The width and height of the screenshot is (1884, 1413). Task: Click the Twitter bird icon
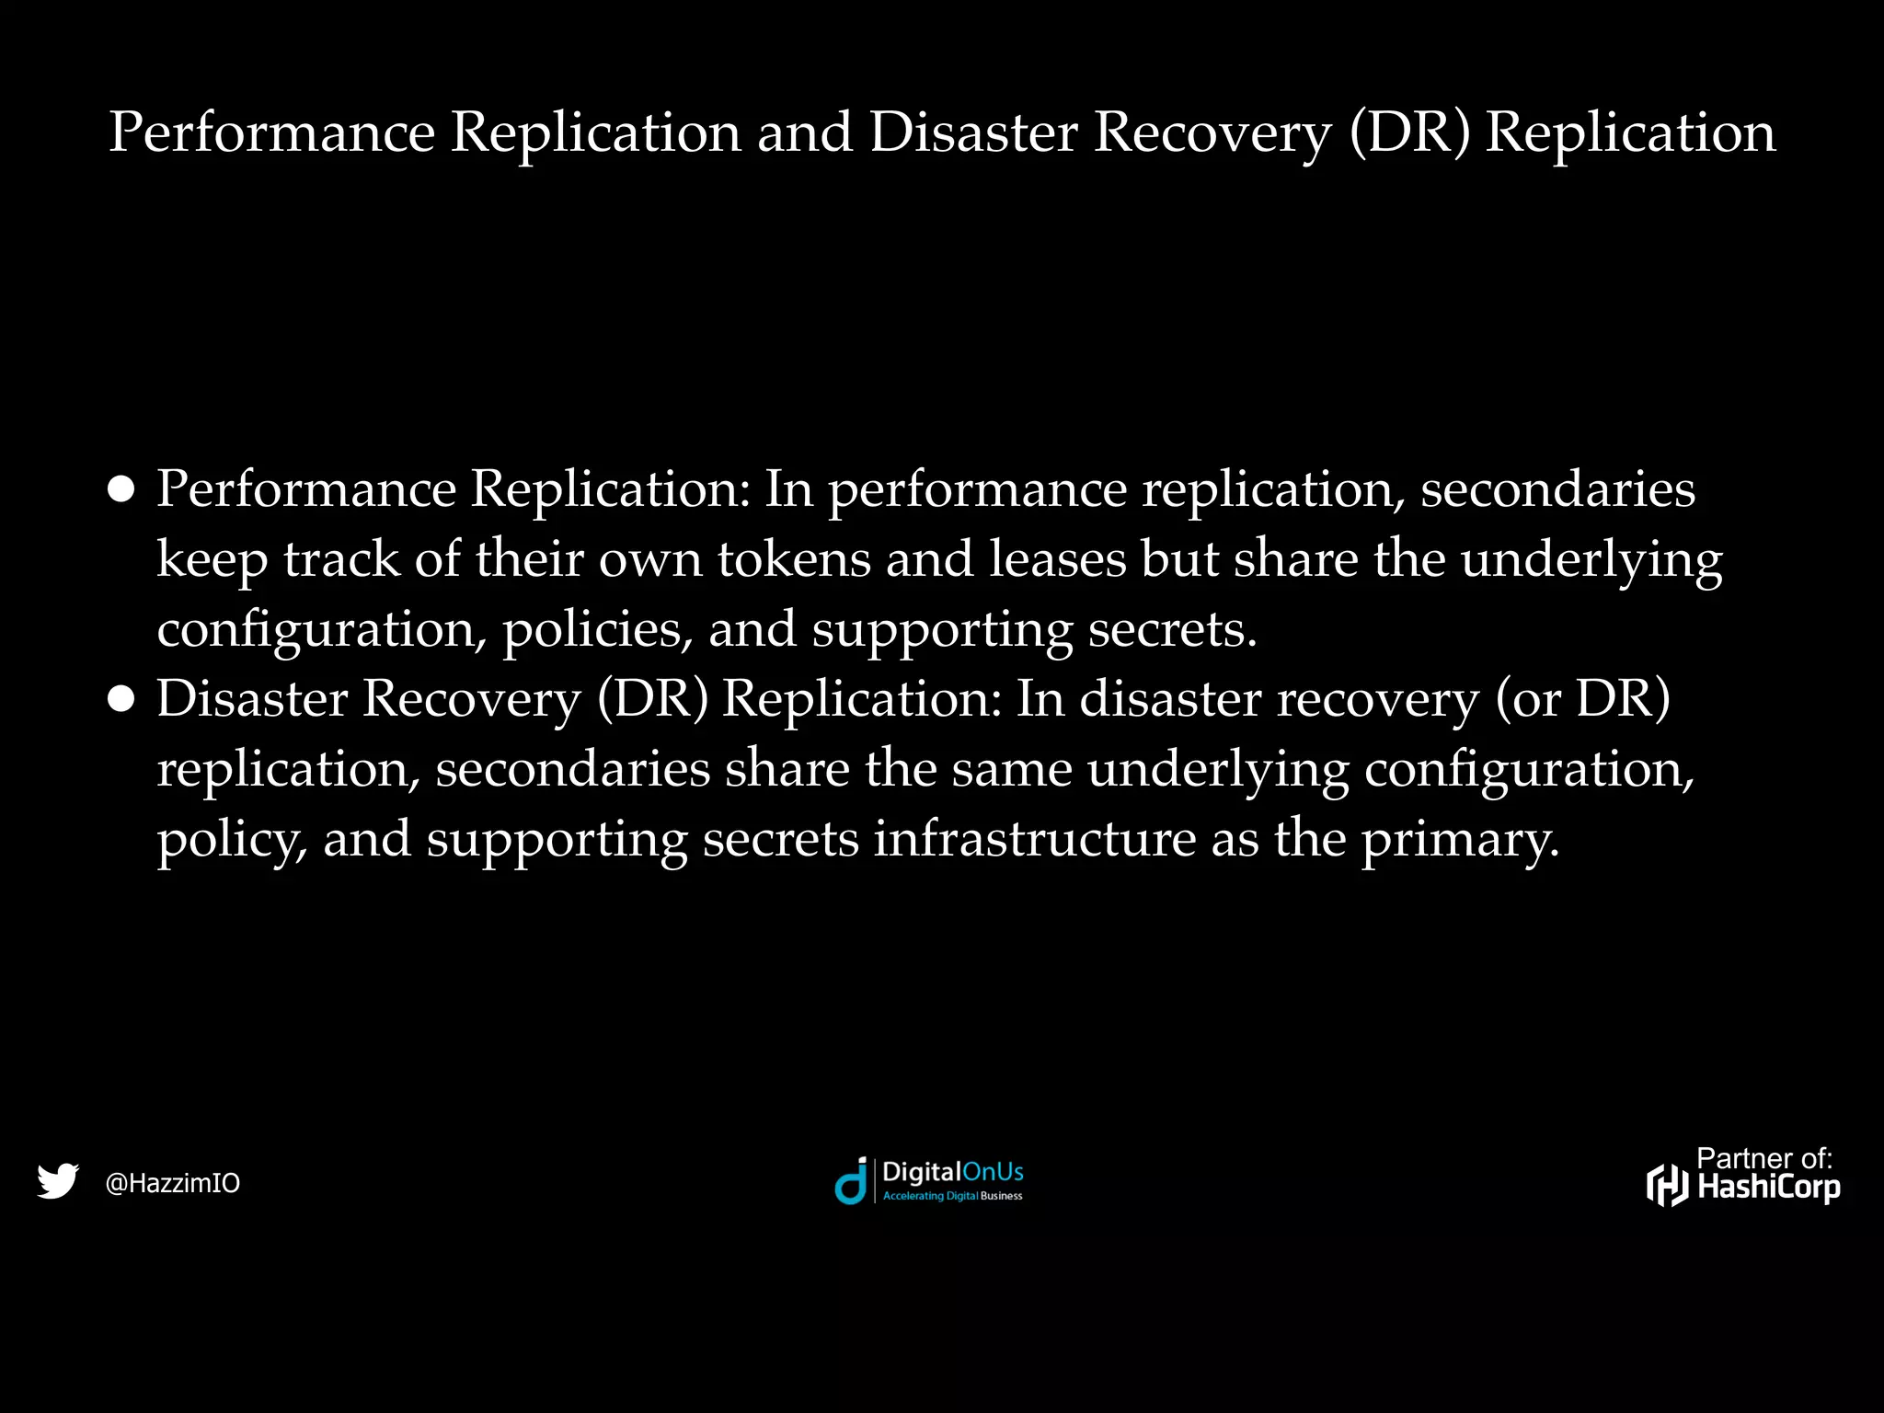pos(58,1181)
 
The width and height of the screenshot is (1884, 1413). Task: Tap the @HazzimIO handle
pos(173,1183)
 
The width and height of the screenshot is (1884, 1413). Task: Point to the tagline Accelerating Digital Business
pos(952,1196)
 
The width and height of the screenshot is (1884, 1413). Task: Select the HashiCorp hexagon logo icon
pos(1668,1185)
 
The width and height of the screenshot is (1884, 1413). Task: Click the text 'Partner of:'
pos(1764,1158)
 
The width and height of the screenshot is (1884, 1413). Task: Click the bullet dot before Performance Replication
pos(121,489)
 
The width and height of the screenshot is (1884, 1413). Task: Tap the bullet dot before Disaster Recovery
pos(121,699)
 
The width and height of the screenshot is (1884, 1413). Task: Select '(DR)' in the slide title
pos(1410,132)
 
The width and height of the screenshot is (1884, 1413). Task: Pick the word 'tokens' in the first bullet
pos(794,559)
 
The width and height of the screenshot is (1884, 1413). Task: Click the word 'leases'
pos(1057,559)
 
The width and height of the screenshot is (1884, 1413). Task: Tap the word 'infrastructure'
pos(1034,839)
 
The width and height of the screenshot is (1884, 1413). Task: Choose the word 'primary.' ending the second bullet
pos(1460,841)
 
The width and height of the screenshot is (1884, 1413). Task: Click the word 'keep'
pos(212,561)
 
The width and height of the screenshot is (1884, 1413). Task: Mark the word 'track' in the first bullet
pos(341,559)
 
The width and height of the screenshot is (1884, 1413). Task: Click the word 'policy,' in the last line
pos(232,841)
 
